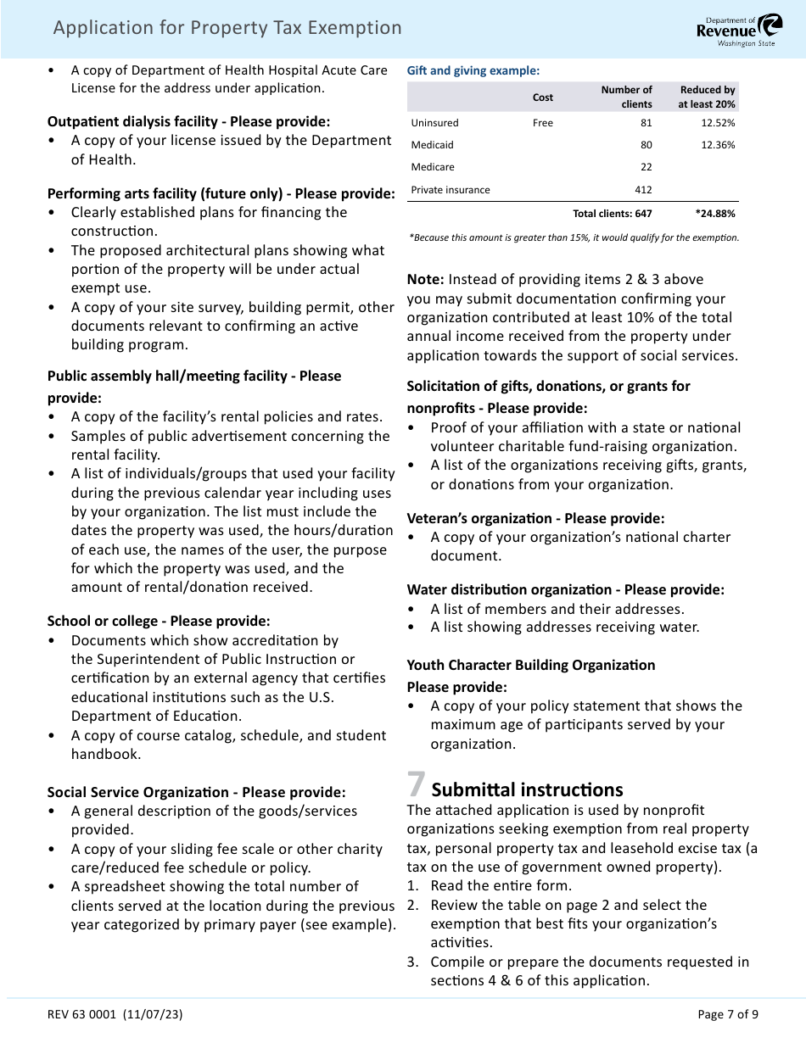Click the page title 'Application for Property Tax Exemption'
click(x=227, y=28)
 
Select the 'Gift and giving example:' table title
click(x=473, y=71)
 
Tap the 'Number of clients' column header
click(x=626, y=97)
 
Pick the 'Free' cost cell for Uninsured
click(x=543, y=123)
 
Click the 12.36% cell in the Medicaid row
click(x=718, y=145)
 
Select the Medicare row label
click(x=433, y=167)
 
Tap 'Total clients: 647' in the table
click(x=613, y=214)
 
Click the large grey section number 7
click(x=416, y=784)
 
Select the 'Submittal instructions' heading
click(x=527, y=789)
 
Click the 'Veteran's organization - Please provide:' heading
click(x=535, y=518)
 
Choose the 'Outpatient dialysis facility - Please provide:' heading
click(x=188, y=121)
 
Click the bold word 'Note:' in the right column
click(x=425, y=279)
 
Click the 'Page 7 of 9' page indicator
click(x=727, y=1014)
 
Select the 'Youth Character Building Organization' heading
click(x=531, y=665)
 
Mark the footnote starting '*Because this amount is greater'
click(x=574, y=237)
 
